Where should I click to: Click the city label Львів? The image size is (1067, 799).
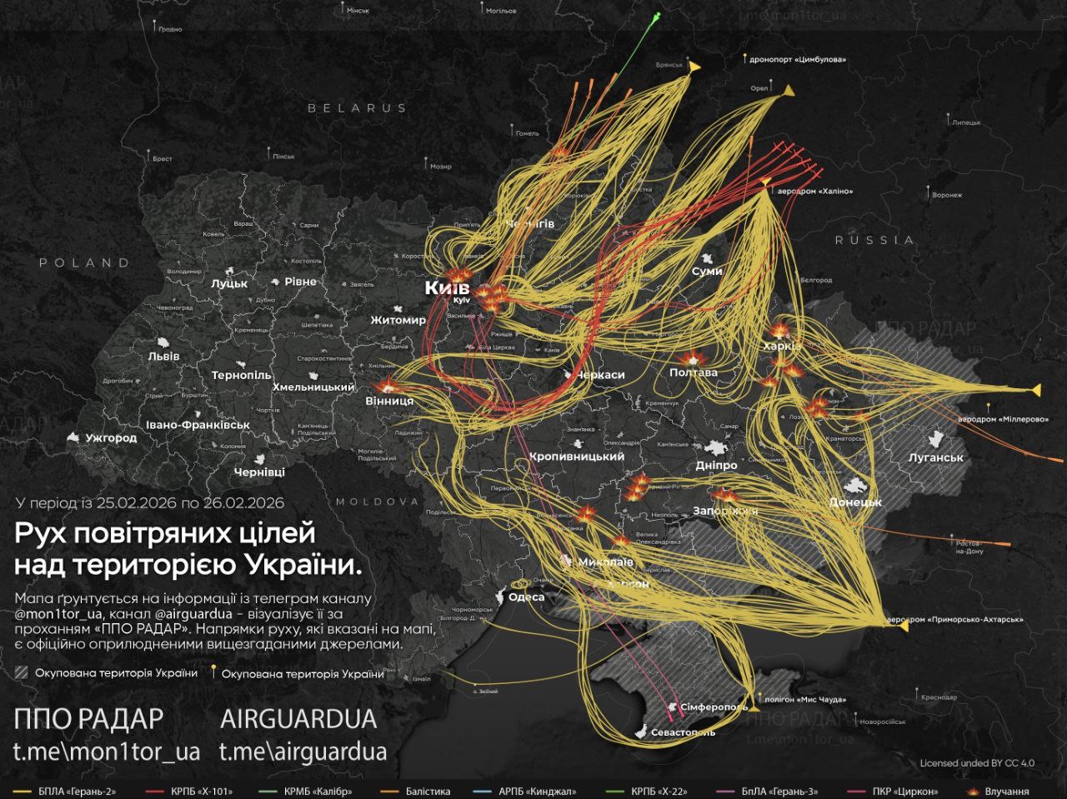163,357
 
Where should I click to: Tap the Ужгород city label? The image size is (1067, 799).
110,437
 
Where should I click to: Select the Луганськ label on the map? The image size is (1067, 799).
935,457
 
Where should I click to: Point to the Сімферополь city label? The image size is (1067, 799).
714,707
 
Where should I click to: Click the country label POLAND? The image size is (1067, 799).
85,262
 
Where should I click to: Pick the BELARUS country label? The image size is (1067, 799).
357,108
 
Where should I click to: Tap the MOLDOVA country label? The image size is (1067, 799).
377,502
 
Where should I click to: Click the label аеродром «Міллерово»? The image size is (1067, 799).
1003,419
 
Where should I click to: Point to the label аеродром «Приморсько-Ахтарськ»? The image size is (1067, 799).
954,620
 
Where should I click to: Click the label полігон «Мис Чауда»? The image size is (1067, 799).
804,700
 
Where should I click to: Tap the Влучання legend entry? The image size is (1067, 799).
1006,792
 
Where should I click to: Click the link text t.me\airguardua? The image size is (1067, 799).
303,752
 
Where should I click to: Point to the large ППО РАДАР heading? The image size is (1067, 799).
88,718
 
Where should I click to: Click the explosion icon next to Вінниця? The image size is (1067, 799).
388,385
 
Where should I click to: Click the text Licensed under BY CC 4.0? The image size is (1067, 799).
977,763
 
